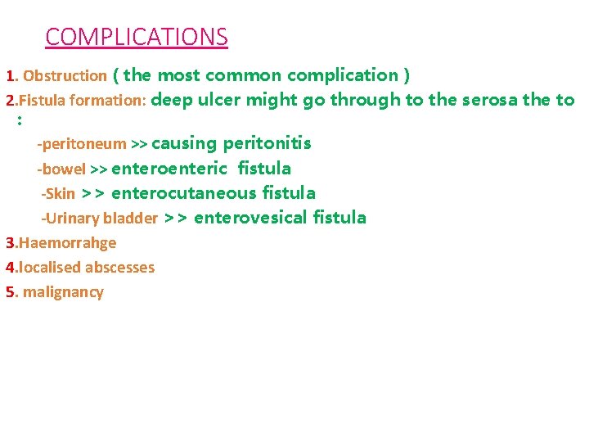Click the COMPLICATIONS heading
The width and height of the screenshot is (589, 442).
point(137,37)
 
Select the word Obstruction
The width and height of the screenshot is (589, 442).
point(65,76)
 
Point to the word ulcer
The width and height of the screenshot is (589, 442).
point(218,101)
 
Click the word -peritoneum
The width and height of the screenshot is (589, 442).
point(82,145)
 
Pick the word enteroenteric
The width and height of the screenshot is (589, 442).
point(169,169)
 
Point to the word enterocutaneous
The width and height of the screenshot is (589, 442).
point(185,193)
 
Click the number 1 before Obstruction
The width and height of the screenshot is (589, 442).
point(11,76)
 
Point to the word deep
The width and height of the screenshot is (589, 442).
point(169,101)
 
